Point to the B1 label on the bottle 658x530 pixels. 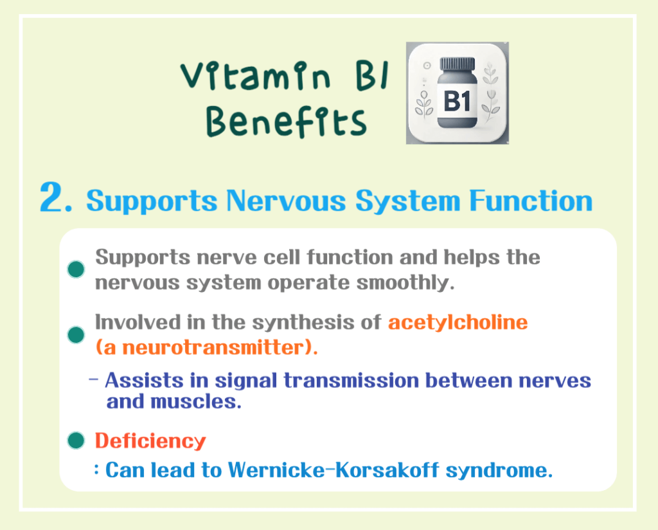click(457, 102)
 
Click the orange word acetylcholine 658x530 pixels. click(458, 322)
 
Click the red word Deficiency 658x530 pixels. click(150, 441)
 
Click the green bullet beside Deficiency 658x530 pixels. click(76, 441)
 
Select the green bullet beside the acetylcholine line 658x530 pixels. click(76, 334)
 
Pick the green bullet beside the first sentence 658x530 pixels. click(76, 270)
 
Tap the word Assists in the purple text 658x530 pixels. click(139, 380)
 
